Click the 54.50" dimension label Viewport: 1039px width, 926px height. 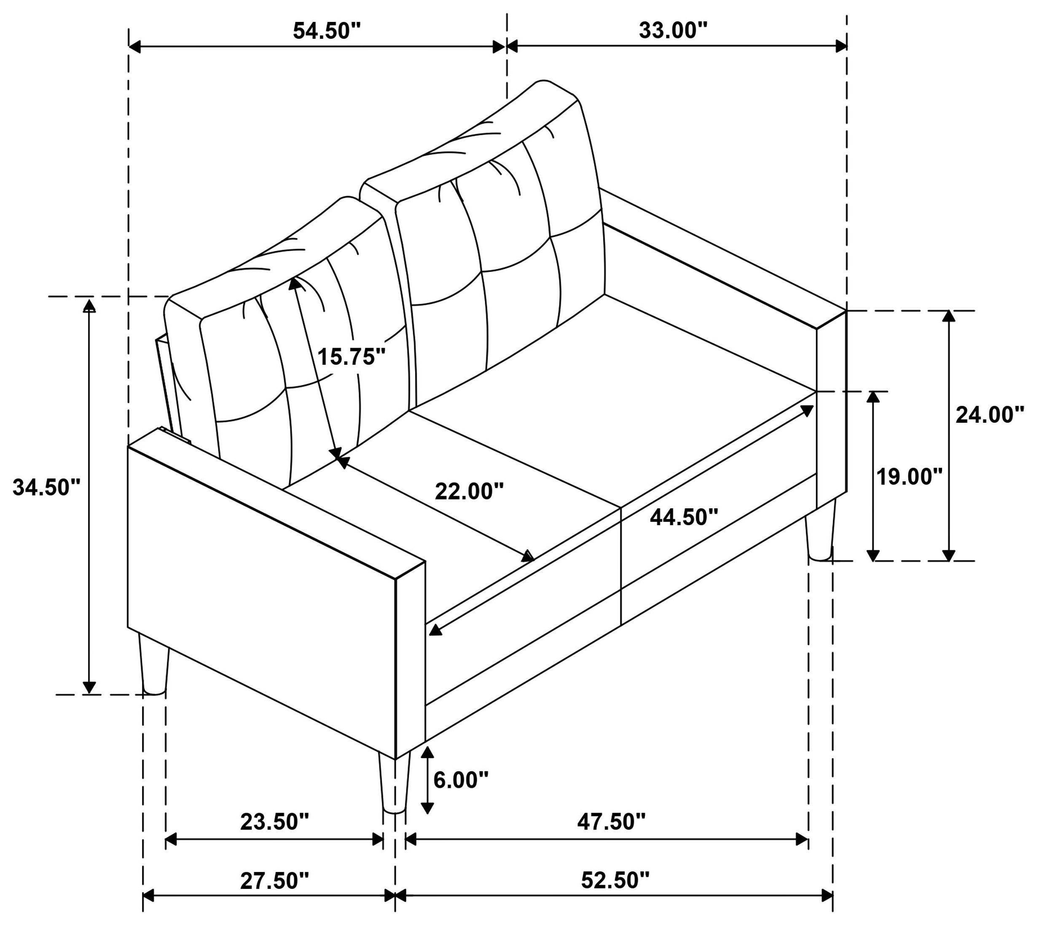click(326, 31)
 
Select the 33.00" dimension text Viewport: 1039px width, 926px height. click(673, 31)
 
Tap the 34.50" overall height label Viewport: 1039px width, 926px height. click(47, 487)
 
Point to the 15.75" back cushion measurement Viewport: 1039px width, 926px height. click(352, 357)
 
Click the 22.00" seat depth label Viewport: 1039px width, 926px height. click(469, 491)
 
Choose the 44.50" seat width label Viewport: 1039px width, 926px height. click(684, 518)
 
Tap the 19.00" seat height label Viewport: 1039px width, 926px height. click(909, 477)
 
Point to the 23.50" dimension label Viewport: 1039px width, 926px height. click(275, 822)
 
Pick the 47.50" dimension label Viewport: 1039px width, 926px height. click(611, 822)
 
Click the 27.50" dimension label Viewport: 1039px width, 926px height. click(275, 881)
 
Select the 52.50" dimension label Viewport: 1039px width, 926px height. click(615, 881)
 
